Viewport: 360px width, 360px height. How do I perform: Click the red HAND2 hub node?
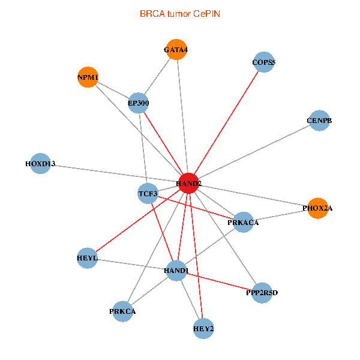coord(188,182)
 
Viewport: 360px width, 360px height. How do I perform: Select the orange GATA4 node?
coord(176,50)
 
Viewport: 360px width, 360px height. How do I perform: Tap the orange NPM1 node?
coord(88,77)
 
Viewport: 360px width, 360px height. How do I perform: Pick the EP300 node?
coord(138,103)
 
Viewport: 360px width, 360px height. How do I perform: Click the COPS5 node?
coord(264,62)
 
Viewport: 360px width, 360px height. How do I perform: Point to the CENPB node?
coord(319,121)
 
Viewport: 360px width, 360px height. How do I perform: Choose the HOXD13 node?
coord(40,164)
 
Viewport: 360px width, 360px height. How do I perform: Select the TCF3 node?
coord(148,194)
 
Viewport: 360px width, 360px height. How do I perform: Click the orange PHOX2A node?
coord(317,208)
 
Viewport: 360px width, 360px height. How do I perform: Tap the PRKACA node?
coord(243,223)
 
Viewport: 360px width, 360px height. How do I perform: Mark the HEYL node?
coord(88,258)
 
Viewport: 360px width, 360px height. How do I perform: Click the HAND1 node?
coord(176,271)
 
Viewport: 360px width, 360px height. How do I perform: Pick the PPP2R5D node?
coord(262,293)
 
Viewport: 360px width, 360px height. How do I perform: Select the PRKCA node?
coord(122,311)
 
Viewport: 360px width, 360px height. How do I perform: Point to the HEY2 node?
coord(203,329)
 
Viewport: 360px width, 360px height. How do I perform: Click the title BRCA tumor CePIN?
coord(180,13)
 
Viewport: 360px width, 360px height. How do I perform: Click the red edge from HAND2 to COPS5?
coord(226,122)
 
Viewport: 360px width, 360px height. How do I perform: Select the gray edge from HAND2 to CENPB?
coord(254,151)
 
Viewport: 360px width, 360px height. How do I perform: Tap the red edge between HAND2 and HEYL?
coord(138,220)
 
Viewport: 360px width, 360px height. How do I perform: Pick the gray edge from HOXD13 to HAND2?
coord(114,173)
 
